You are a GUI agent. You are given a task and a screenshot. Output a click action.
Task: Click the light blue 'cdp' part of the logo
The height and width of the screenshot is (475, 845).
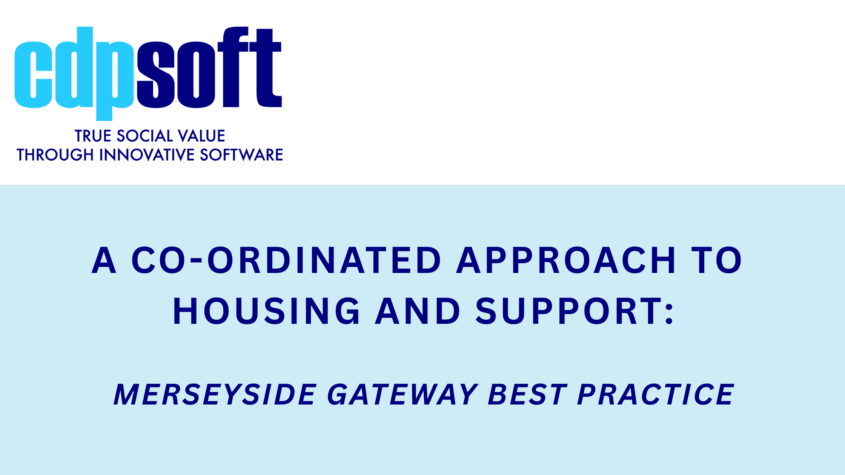pyautogui.click(x=74, y=74)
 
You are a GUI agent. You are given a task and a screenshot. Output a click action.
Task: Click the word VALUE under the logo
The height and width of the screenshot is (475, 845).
pyautogui.click(x=201, y=136)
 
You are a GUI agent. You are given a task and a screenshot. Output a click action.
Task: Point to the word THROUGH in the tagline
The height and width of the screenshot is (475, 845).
pyautogui.click(x=55, y=155)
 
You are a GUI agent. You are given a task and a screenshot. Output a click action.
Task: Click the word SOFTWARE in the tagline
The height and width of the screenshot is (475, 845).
pyautogui.click(x=241, y=155)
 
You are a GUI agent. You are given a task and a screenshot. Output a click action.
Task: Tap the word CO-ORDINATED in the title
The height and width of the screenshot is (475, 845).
pyautogui.click(x=286, y=260)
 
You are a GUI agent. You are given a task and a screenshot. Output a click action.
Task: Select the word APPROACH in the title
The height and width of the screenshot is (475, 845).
pyautogui.click(x=566, y=260)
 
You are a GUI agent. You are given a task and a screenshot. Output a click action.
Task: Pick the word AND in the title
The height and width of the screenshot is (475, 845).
pyautogui.click(x=418, y=311)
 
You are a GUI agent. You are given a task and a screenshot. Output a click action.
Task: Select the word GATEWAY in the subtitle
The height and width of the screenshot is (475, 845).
pyautogui.click(x=403, y=395)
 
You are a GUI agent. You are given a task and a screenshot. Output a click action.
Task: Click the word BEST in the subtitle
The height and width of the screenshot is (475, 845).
pyautogui.click(x=527, y=395)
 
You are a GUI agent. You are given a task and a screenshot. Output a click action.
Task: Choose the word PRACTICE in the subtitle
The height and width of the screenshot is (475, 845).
pyautogui.click(x=656, y=395)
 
